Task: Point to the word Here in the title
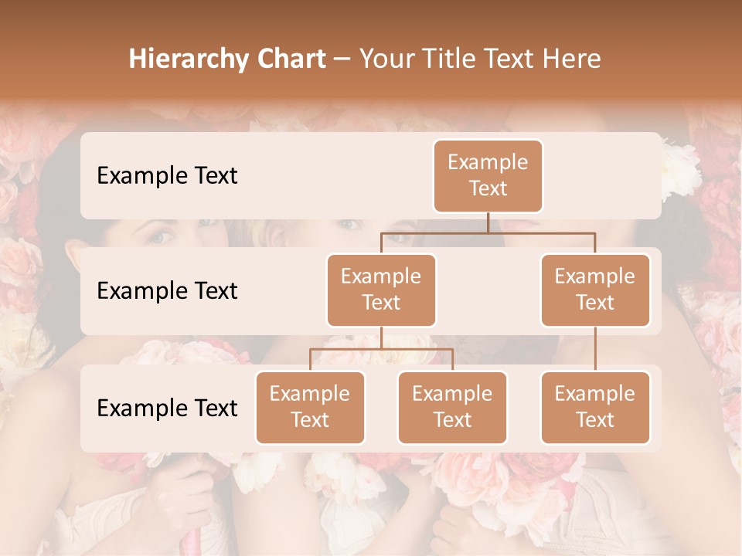tap(572, 59)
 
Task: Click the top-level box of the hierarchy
tap(488, 176)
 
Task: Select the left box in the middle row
tap(381, 290)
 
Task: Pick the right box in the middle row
tap(595, 290)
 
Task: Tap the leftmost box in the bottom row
tap(310, 408)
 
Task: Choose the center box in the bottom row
tap(452, 408)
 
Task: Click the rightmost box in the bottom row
tap(595, 408)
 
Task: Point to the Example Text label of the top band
tap(167, 176)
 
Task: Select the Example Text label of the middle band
tap(167, 291)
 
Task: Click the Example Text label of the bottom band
tap(167, 409)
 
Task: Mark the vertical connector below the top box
tap(488, 222)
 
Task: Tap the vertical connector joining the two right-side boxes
tap(595, 349)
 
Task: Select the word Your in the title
tap(386, 59)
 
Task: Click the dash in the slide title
tap(342, 60)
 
